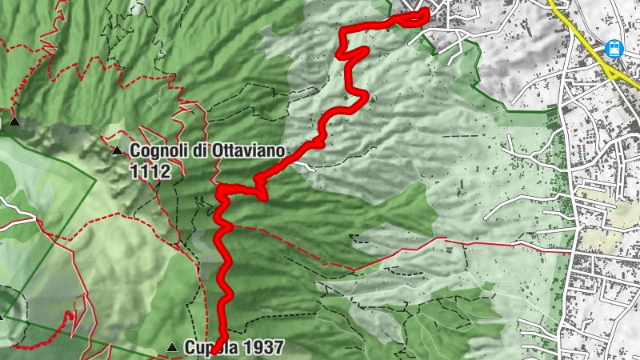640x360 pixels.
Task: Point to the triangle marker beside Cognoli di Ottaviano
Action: [x=118, y=150]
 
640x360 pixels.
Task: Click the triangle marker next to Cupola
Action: [x=172, y=347]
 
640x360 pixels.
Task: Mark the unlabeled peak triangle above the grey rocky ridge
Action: [x=14, y=122]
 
